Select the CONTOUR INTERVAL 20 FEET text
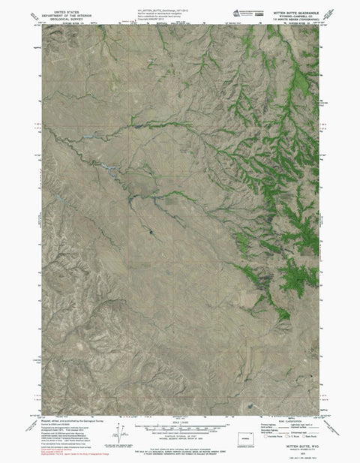coord(179,435)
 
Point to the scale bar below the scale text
coord(179,427)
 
